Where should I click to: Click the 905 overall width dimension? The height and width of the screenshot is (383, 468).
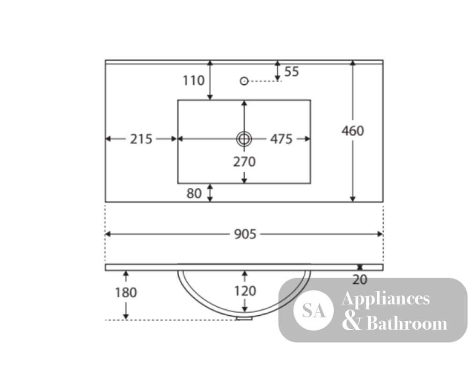[x=245, y=234]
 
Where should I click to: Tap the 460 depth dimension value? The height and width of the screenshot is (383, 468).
[x=353, y=131]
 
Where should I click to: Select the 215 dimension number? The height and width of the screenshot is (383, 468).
[x=141, y=139]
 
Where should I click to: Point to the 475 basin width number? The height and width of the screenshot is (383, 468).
[x=281, y=139]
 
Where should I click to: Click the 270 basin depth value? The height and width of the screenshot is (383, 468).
[x=244, y=162]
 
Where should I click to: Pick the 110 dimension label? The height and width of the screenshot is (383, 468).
[x=193, y=81]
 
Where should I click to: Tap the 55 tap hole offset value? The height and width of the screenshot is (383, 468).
[x=292, y=72]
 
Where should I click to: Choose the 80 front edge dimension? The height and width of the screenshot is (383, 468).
[x=194, y=193]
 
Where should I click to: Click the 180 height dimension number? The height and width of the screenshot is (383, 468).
[x=125, y=293]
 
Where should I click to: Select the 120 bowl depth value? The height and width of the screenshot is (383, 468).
[x=245, y=291]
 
